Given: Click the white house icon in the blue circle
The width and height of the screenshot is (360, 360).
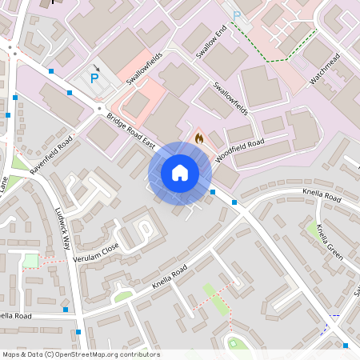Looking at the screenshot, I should (x=180, y=173).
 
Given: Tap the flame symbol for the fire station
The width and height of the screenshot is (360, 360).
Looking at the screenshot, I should (x=198, y=138).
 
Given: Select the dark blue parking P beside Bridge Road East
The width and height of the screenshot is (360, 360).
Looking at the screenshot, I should (x=94, y=78).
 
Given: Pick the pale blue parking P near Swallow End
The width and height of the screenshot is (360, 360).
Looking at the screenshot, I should (x=236, y=16).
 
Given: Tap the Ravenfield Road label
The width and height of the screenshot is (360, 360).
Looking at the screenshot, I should (x=51, y=154).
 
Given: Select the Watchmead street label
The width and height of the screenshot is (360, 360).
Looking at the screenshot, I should (x=326, y=70).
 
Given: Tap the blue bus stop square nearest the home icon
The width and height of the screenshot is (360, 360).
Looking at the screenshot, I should (x=213, y=192).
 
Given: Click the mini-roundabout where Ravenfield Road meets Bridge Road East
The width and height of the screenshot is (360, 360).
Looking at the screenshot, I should (x=100, y=107).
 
